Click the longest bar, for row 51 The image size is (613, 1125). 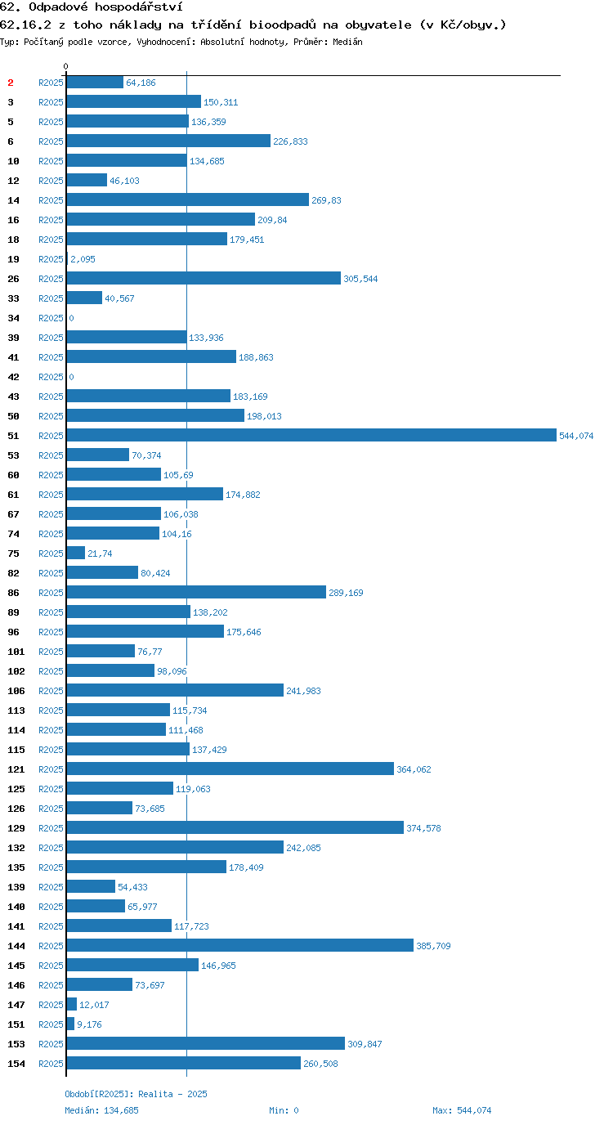pyautogui.click(x=311, y=435)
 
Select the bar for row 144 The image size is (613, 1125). pyautogui.click(x=240, y=945)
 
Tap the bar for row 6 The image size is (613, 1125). pyautogui.click(x=168, y=141)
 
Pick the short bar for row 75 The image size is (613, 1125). pyautogui.click(x=76, y=553)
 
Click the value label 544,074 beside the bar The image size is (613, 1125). pyautogui.click(x=576, y=436)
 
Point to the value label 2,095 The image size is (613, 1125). pyautogui.click(x=83, y=259)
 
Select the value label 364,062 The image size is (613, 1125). pyautogui.click(x=414, y=769)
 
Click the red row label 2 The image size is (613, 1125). pyautogui.click(x=11, y=83)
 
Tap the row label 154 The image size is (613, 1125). pyautogui.click(x=16, y=1064)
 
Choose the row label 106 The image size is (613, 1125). pyautogui.click(x=16, y=691)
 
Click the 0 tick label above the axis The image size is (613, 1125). pyautogui.click(x=65, y=66)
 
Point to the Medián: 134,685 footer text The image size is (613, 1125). pyautogui.click(x=102, y=1110)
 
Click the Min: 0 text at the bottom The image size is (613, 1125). pyautogui.click(x=284, y=1110)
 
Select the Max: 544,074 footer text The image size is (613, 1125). pyautogui.click(x=462, y=1110)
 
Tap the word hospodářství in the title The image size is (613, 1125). pyautogui.click(x=139, y=7)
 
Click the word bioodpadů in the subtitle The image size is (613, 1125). pyautogui.click(x=283, y=25)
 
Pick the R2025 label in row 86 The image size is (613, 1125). pyautogui.click(x=51, y=593)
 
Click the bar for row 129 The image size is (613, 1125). pyautogui.click(x=235, y=827)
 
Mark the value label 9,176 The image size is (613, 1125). pyautogui.click(x=89, y=1024)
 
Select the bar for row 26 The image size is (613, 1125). pyautogui.click(x=204, y=278)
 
